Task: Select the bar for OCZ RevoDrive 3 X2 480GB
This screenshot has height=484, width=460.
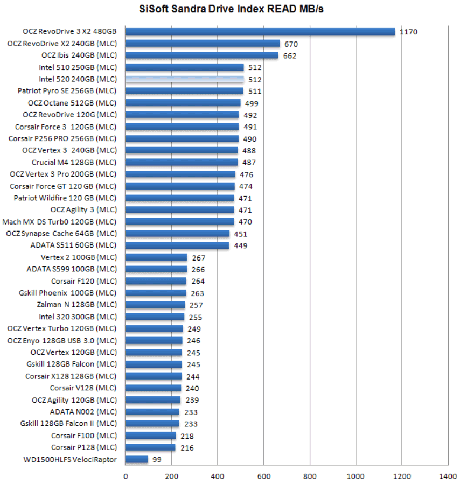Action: coord(260,32)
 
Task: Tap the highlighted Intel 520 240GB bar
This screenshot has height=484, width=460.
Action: coord(184,79)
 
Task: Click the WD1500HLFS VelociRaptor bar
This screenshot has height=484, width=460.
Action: coord(136,459)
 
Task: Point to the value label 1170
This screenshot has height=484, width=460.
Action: coord(408,32)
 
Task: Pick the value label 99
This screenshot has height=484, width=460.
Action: coord(157,460)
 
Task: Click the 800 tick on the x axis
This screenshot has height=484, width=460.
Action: coord(309,476)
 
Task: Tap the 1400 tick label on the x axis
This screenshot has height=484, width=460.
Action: coord(447,476)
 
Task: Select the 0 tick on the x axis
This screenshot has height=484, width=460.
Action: coord(126,476)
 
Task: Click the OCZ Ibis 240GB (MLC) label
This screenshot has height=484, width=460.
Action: coord(79,55)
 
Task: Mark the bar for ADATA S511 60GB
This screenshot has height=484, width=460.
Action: coord(177,245)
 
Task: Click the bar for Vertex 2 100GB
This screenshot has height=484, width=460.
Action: coord(156,257)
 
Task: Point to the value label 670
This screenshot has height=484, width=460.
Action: coord(291,44)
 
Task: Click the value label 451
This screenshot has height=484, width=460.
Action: coord(241,234)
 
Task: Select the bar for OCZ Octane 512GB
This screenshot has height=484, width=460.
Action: coord(183,103)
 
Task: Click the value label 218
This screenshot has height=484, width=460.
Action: coord(187,436)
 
